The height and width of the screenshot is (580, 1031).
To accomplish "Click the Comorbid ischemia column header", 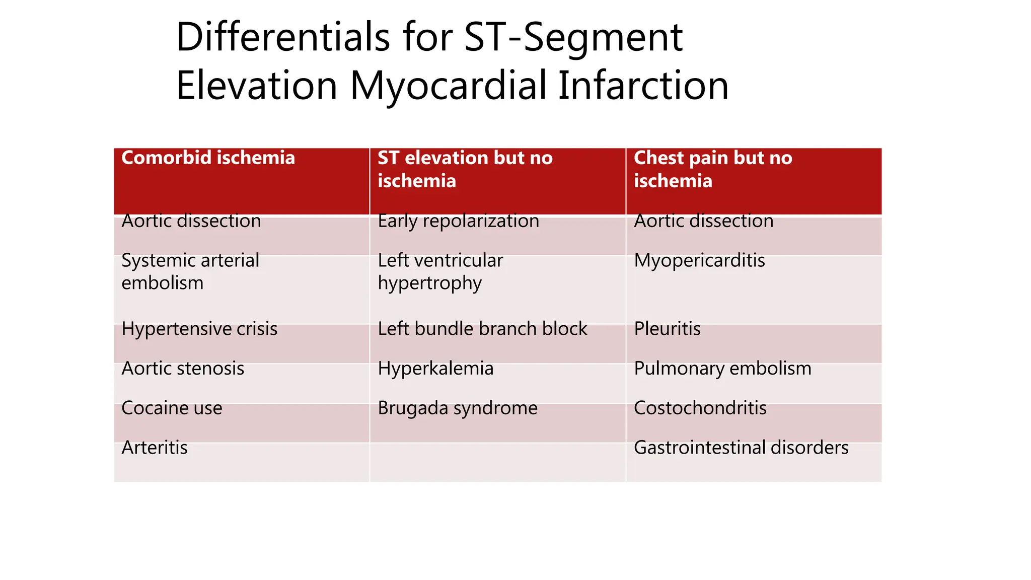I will pos(208,158).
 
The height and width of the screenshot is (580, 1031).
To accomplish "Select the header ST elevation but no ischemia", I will pos(465,169).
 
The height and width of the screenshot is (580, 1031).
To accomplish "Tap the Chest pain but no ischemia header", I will pos(712,169).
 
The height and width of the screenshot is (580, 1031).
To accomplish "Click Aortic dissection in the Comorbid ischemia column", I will pos(191,221).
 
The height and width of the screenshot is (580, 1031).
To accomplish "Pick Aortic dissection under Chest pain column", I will pos(703,221).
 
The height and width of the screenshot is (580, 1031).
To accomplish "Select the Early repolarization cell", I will pos(458,221).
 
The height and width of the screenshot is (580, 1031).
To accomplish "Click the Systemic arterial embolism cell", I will pos(190,272).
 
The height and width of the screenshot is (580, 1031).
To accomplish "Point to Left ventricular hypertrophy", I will pos(440,272).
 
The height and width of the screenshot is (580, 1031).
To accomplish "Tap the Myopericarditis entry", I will pos(699,261).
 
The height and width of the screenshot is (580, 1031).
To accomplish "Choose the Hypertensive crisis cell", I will pos(199,329).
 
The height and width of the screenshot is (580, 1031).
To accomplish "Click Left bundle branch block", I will pos(482,329).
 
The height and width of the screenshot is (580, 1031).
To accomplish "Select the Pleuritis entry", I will pos(667,329).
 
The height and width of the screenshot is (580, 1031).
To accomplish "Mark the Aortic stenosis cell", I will pos(183,369).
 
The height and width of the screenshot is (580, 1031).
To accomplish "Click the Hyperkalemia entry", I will pos(435,369).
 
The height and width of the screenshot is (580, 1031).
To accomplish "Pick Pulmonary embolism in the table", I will pos(722,369).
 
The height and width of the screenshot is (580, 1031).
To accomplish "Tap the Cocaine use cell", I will pos(172,408).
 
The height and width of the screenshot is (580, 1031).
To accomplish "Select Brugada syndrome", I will pos(458,408).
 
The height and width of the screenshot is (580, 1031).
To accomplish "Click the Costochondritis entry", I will pos(700,408).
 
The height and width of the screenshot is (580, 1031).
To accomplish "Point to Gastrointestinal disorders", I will pos(741,448).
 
